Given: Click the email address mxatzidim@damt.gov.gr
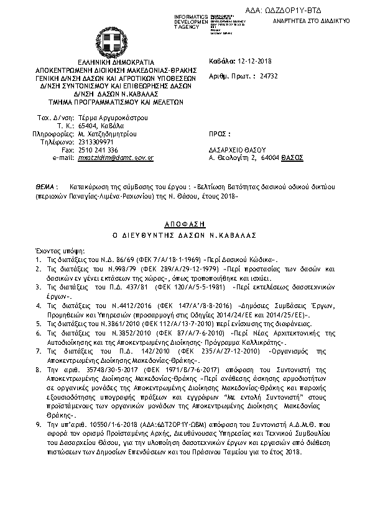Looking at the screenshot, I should point(115,159).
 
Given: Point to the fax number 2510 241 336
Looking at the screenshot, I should point(98,151).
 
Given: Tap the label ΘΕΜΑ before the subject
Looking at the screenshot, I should point(45,186).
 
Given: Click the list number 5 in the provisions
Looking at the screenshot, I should point(38,324).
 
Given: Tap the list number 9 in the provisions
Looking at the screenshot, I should point(38,423).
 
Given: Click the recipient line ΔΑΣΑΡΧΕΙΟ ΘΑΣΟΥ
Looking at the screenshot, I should point(237,151).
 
